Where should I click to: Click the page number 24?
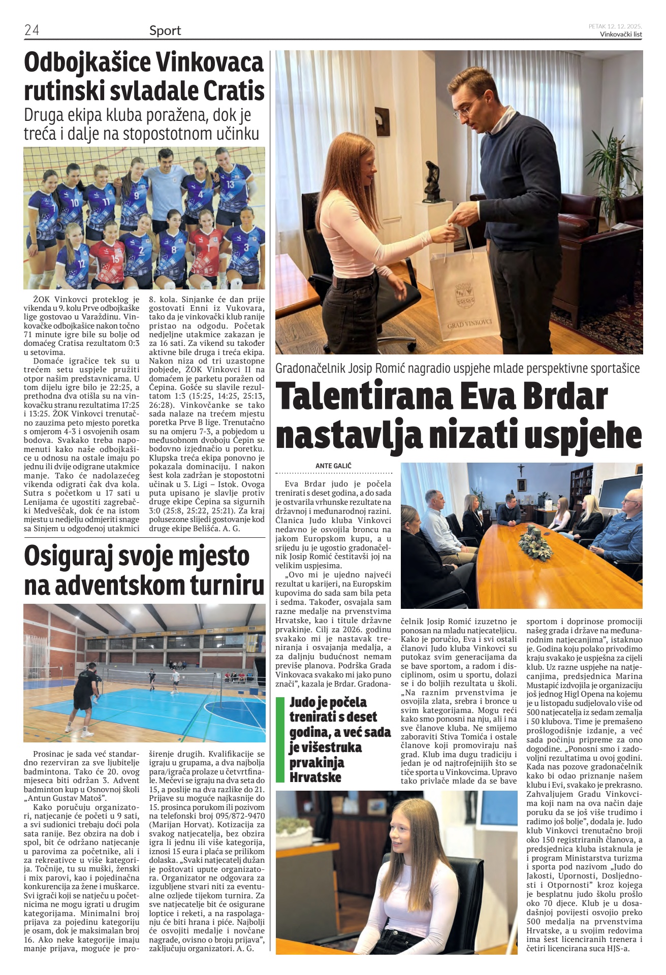tap(31, 30)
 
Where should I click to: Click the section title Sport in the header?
tap(165, 30)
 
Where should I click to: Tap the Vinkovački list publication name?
tap(621, 35)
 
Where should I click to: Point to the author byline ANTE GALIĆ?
tap(333, 466)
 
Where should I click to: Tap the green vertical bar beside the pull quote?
tap(279, 740)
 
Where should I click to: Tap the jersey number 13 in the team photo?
tap(231, 184)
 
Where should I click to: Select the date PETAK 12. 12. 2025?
tap(615, 26)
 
